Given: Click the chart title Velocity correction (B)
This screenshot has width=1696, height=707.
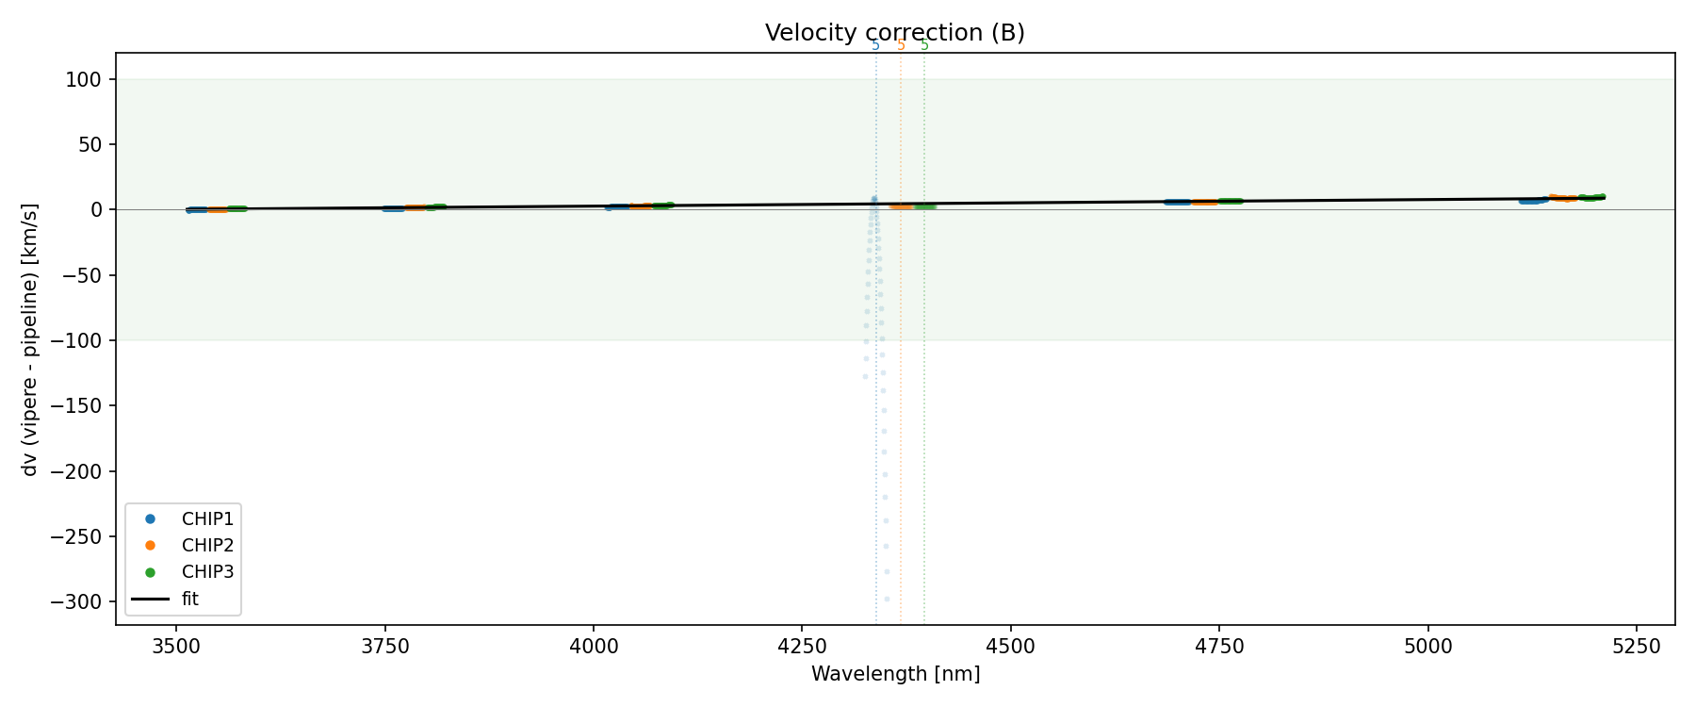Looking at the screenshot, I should [x=894, y=33].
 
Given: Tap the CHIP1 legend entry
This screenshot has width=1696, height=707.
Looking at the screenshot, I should [x=207, y=518].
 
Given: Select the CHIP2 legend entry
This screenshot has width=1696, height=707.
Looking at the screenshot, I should [x=207, y=545].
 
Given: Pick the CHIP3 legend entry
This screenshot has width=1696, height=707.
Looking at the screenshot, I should [x=207, y=571].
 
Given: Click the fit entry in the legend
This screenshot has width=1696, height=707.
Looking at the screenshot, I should [x=190, y=599].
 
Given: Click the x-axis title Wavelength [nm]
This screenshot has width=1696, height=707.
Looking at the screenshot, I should [x=895, y=674].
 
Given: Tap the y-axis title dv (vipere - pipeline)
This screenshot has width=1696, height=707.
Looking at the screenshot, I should [x=30, y=339].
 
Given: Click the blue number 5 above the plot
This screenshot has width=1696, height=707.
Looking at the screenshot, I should [x=875, y=45].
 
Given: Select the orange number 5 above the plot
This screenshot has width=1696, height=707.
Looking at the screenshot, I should [x=901, y=45].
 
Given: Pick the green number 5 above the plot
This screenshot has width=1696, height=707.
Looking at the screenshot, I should [x=924, y=45].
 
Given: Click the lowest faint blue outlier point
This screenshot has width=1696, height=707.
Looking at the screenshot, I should [x=887, y=599].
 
